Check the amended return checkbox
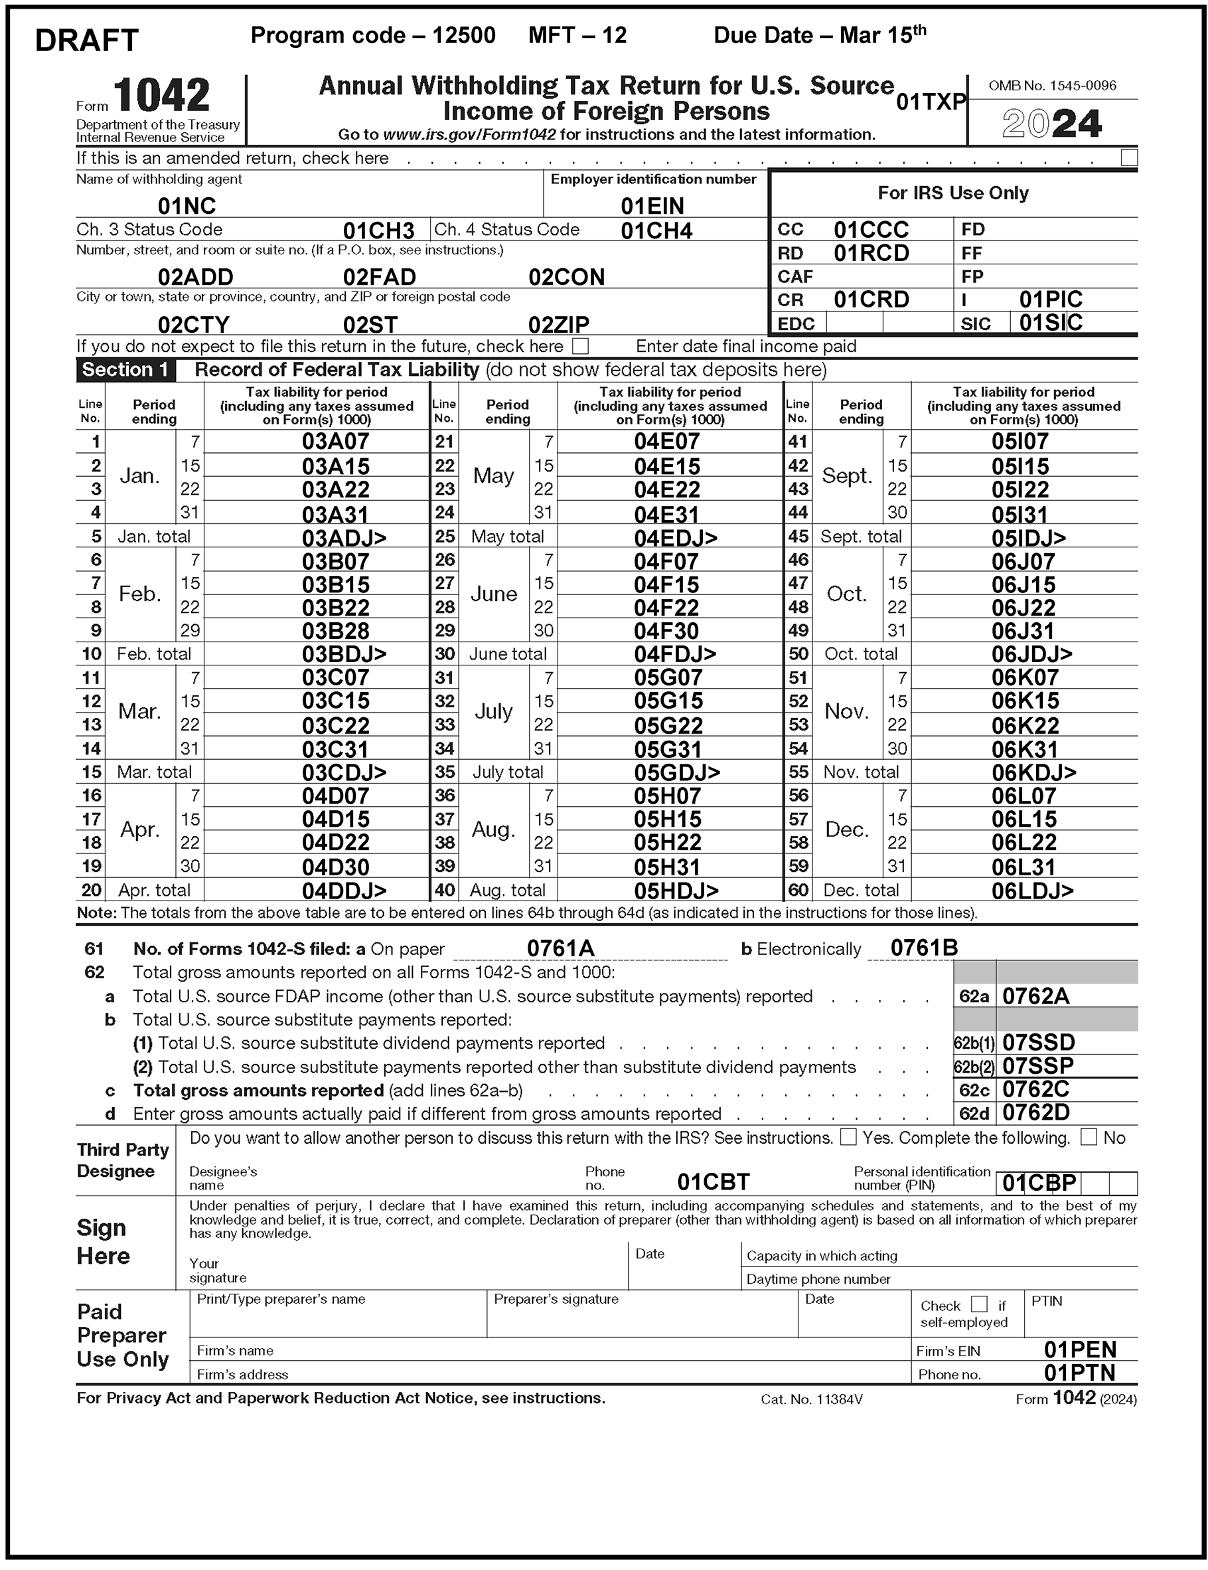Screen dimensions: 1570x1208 point(1128,157)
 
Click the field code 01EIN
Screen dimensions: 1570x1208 point(652,207)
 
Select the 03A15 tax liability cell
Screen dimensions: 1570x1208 point(335,466)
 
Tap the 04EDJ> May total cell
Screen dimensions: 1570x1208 point(675,537)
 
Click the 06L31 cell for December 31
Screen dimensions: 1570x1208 point(1023,866)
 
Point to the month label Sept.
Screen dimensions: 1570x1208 point(846,476)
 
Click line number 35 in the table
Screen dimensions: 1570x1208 point(445,772)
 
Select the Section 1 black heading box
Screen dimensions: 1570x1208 point(125,369)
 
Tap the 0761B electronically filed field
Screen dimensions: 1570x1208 point(923,948)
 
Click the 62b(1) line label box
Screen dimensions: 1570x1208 point(974,1043)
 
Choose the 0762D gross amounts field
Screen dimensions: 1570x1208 point(1035,1113)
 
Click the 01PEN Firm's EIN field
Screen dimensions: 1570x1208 point(1079,1349)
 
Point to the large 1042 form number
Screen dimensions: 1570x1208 point(161,96)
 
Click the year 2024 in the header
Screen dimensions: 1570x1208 point(1051,124)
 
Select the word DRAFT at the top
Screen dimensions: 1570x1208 point(86,41)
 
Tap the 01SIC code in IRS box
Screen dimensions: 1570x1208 point(1050,323)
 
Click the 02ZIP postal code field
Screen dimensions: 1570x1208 point(558,324)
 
